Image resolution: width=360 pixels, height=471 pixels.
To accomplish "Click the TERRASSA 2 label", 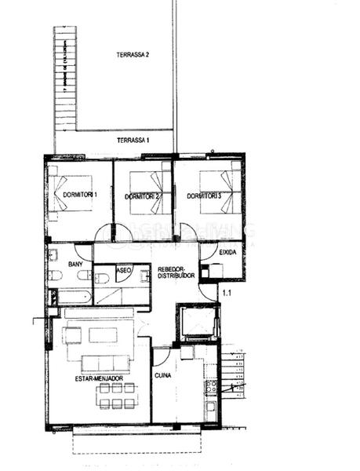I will click(133, 55).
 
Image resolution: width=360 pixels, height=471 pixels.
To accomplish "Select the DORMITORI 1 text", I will click(80, 194).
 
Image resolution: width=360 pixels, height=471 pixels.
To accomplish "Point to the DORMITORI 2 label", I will click(143, 195).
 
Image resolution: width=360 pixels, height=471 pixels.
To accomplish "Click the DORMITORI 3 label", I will click(204, 195).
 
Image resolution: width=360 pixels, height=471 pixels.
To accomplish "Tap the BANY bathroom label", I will click(76, 265).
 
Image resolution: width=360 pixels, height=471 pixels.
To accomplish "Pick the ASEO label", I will click(123, 269).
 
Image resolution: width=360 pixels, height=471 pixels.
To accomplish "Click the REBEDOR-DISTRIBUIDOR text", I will click(176, 272).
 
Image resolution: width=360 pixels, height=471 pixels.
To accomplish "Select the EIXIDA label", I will click(228, 252).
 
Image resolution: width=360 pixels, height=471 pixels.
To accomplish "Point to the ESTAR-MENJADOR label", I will click(99, 378).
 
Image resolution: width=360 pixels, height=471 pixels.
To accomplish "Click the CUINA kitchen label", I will click(163, 376).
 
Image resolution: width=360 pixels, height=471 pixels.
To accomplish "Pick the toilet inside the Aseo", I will click(102, 278).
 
